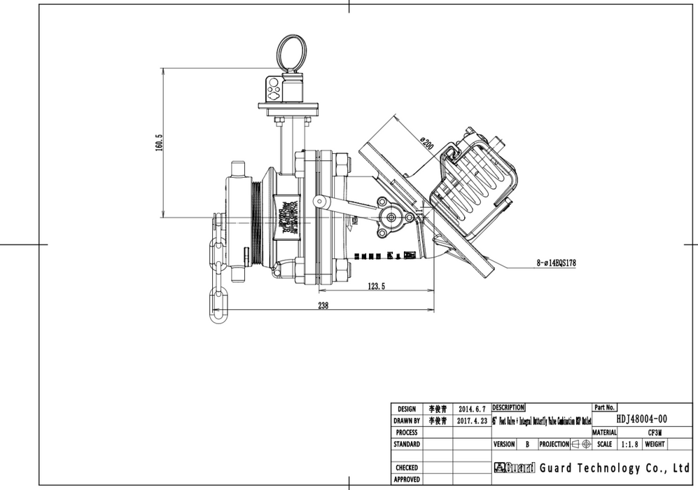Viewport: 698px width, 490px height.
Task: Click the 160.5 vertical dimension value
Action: tap(159, 143)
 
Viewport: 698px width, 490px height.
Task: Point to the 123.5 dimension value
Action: tap(376, 286)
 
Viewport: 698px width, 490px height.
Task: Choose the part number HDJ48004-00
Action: tap(641, 419)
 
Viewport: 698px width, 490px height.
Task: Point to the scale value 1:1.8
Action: tap(629, 444)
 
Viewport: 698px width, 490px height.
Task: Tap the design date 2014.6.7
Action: tap(470, 409)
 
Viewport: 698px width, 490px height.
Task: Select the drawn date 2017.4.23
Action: tap(470, 421)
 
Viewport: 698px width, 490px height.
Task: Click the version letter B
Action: tap(526, 444)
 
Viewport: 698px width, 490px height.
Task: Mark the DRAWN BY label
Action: tap(407, 421)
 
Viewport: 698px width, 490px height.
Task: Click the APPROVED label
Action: tap(407, 479)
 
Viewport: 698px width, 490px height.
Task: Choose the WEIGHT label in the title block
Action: tap(655, 444)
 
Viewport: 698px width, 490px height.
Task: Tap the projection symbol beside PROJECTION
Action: tap(581, 444)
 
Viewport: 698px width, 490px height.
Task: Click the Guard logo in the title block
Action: tap(515, 468)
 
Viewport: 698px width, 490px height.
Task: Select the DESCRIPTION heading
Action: tap(508, 407)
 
